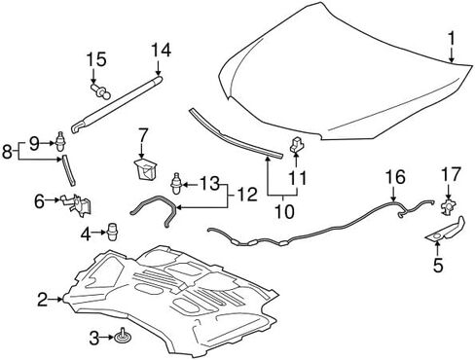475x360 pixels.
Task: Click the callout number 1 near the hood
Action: point(452,38)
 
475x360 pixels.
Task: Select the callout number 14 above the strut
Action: point(161,51)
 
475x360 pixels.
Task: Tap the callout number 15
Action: point(96,59)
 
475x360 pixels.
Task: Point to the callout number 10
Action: point(284,211)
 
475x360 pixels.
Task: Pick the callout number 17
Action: point(452,174)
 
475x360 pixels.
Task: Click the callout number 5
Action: point(438,265)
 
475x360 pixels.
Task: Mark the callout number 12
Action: point(247,195)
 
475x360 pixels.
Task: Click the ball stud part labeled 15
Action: point(100,90)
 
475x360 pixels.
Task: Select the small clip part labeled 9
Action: point(60,142)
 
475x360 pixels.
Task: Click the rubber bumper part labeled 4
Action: point(112,232)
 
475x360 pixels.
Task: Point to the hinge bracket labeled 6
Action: point(76,204)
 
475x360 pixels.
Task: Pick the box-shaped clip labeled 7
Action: point(145,169)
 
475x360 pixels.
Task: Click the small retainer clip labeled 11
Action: point(297,145)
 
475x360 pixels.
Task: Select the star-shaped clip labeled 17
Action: point(448,207)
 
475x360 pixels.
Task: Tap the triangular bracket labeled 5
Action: point(447,231)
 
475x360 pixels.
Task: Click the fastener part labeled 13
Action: point(176,183)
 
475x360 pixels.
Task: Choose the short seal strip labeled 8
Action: point(68,170)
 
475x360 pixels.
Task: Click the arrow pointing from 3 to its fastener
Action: point(106,338)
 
